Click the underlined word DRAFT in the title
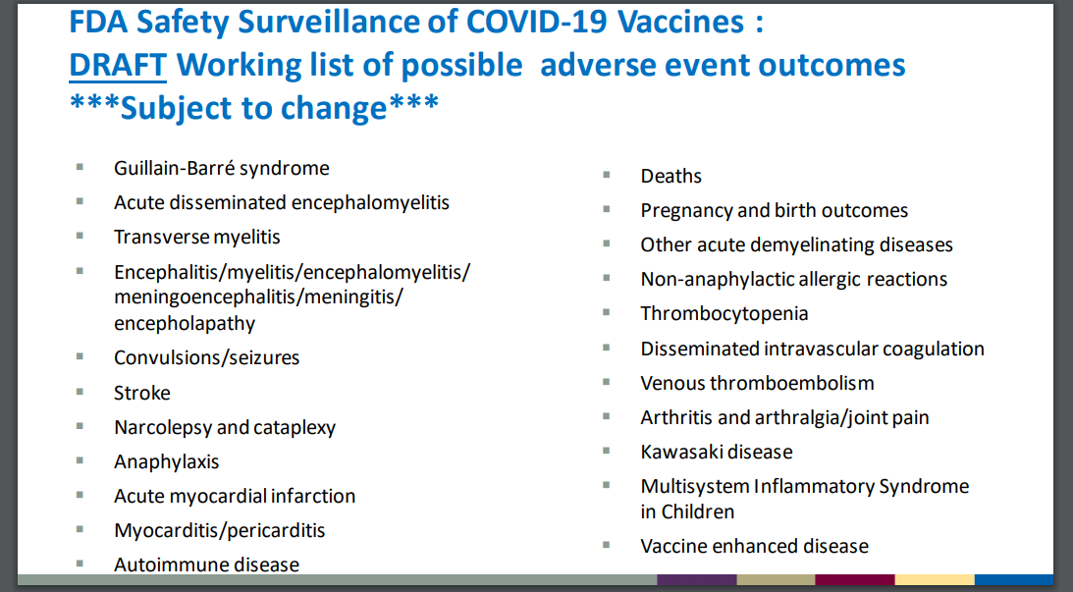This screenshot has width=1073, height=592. pyautogui.click(x=118, y=65)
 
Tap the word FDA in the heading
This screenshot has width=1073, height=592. pyautogui.click(x=97, y=22)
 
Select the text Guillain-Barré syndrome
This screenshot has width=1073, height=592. pyautogui.click(x=222, y=168)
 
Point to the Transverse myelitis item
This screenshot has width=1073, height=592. pyautogui.click(x=197, y=237)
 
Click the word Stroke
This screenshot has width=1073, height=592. pyautogui.click(x=142, y=393)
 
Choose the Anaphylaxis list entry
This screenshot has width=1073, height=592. pyautogui.click(x=166, y=462)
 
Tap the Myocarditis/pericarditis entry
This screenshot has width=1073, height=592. pyautogui.click(x=220, y=530)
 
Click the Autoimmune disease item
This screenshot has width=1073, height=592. pyautogui.click(x=207, y=565)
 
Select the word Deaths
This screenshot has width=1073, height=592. pyautogui.click(x=671, y=176)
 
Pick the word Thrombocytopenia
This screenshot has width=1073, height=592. pyautogui.click(x=724, y=313)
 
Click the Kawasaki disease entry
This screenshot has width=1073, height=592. pyautogui.click(x=717, y=452)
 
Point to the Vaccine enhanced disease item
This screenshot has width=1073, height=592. pyautogui.click(x=755, y=546)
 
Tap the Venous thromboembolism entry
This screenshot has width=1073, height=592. pyautogui.click(x=758, y=383)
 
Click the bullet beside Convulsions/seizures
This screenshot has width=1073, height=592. pyautogui.click(x=80, y=355)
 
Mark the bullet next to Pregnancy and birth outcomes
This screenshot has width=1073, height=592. pyautogui.click(x=607, y=209)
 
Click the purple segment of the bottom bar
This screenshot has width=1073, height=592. pyautogui.click(x=697, y=579)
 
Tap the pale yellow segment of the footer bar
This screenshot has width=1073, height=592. pyautogui.click(x=935, y=579)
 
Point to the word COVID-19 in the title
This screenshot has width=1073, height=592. pyautogui.click(x=536, y=22)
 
